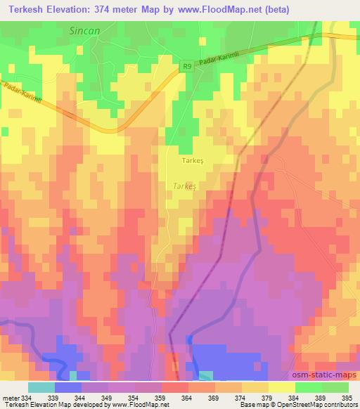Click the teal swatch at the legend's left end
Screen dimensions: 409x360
[x=41, y=387]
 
